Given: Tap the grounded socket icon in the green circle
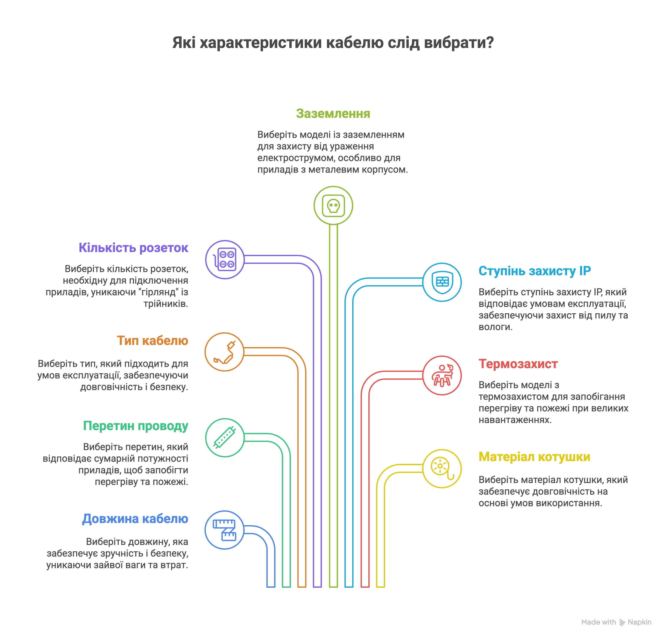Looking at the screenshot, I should tap(333, 206).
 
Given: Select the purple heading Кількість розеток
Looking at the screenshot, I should tap(133, 248).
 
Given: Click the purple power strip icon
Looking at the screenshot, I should tap(225, 260).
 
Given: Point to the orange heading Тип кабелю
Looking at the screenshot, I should tap(152, 340).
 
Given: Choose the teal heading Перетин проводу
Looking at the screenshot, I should tap(135, 426).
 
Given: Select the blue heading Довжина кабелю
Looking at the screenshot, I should tap(135, 518).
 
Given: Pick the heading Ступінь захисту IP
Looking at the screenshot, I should tap(535, 271).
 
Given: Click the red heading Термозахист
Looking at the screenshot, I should tap(518, 364).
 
